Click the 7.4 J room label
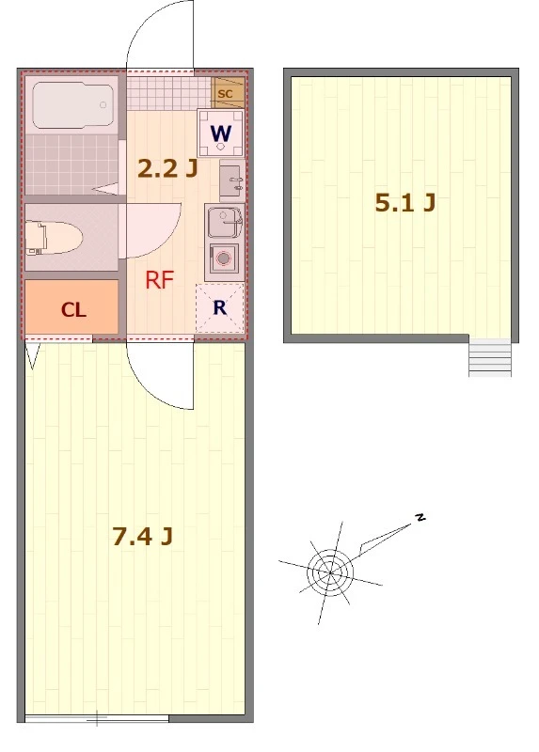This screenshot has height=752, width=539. [143, 536]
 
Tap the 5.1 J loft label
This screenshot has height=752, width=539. [405, 203]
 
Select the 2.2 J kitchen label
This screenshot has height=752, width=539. [167, 168]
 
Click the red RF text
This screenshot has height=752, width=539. [159, 280]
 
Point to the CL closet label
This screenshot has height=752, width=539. [73, 310]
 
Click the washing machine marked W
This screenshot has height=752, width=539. [221, 133]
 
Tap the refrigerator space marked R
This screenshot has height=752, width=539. [220, 308]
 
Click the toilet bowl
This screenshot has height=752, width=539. [54, 238]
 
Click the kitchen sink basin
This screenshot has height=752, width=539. [224, 222]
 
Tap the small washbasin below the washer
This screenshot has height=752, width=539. [231, 180]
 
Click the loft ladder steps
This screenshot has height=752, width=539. [489, 358]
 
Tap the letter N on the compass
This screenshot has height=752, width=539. [420, 517]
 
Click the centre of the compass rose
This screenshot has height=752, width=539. [330, 572]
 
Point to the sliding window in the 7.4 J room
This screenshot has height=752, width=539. [97, 718]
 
